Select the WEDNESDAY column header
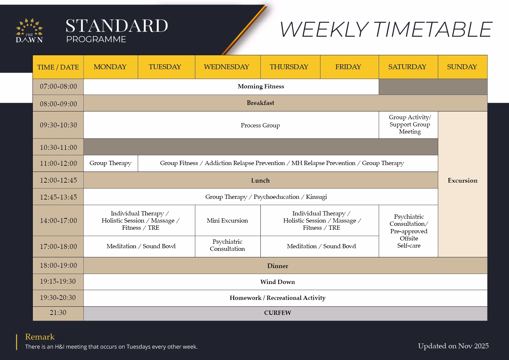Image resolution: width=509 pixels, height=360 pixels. click(x=227, y=67)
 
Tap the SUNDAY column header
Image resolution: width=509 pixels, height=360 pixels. click(x=462, y=67)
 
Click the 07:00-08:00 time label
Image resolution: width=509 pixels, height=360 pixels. click(x=59, y=87)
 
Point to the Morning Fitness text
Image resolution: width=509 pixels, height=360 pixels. click(x=261, y=86)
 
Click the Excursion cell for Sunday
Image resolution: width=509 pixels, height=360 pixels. click(x=463, y=181)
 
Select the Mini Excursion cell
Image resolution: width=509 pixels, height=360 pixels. click(x=227, y=221)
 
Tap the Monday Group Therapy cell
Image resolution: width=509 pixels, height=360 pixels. click(x=111, y=163)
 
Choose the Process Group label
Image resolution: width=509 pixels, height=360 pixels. click(x=260, y=125)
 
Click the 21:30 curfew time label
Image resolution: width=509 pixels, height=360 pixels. click(x=58, y=313)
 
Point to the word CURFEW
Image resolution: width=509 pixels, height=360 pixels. click(x=278, y=313)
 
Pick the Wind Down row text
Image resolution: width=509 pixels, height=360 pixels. click(x=278, y=282)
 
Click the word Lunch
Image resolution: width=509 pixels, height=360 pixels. click(x=260, y=181)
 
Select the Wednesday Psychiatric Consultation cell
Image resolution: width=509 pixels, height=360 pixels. click(x=227, y=245)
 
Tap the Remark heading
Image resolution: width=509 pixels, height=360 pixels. click(x=40, y=337)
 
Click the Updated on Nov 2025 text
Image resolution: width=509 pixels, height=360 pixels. click(x=453, y=346)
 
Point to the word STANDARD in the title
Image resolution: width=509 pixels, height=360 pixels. click(x=117, y=26)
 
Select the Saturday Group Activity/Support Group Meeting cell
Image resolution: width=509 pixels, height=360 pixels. click(x=410, y=124)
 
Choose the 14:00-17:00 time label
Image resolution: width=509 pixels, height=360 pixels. click(x=59, y=221)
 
